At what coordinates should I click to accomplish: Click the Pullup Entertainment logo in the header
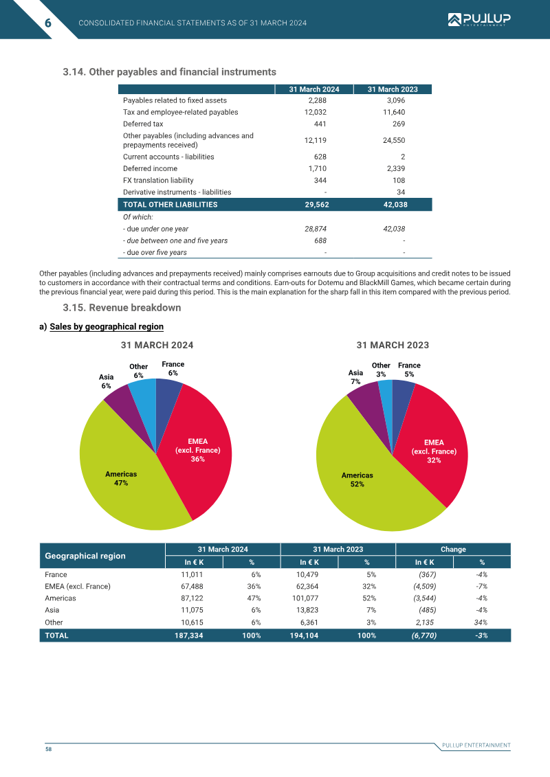click(x=479, y=20)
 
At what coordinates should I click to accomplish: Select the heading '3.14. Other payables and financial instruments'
click(x=170, y=72)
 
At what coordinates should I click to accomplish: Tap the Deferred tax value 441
click(x=320, y=124)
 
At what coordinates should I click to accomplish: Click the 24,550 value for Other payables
click(x=394, y=140)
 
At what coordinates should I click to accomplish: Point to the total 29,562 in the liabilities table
click(x=317, y=204)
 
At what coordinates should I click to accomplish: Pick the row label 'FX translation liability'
click(x=158, y=181)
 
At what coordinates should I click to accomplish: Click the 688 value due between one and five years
click(x=320, y=240)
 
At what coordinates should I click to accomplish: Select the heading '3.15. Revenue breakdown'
click(x=122, y=308)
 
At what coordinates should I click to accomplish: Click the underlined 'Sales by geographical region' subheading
click(x=107, y=326)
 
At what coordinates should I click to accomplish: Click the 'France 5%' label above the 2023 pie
click(x=409, y=370)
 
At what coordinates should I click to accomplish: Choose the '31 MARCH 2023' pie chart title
click(x=393, y=346)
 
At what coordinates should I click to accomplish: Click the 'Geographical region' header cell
click(x=85, y=556)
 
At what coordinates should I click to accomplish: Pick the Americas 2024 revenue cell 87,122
click(x=192, y=598)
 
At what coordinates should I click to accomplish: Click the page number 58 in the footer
click(x=49, y=750)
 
